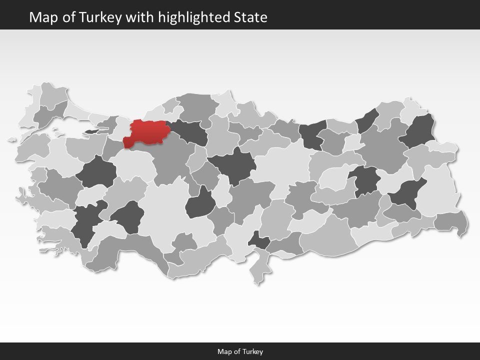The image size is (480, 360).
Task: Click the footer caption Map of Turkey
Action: pyautogui.click(x=240, y=351)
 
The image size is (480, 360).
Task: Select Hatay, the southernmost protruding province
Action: pyautogui.click(x=257, y=270)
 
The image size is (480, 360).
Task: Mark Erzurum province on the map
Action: pyautogui.click(x=382, y=145)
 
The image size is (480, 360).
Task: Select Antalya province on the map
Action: pyautogui.click(x=135, y=250)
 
